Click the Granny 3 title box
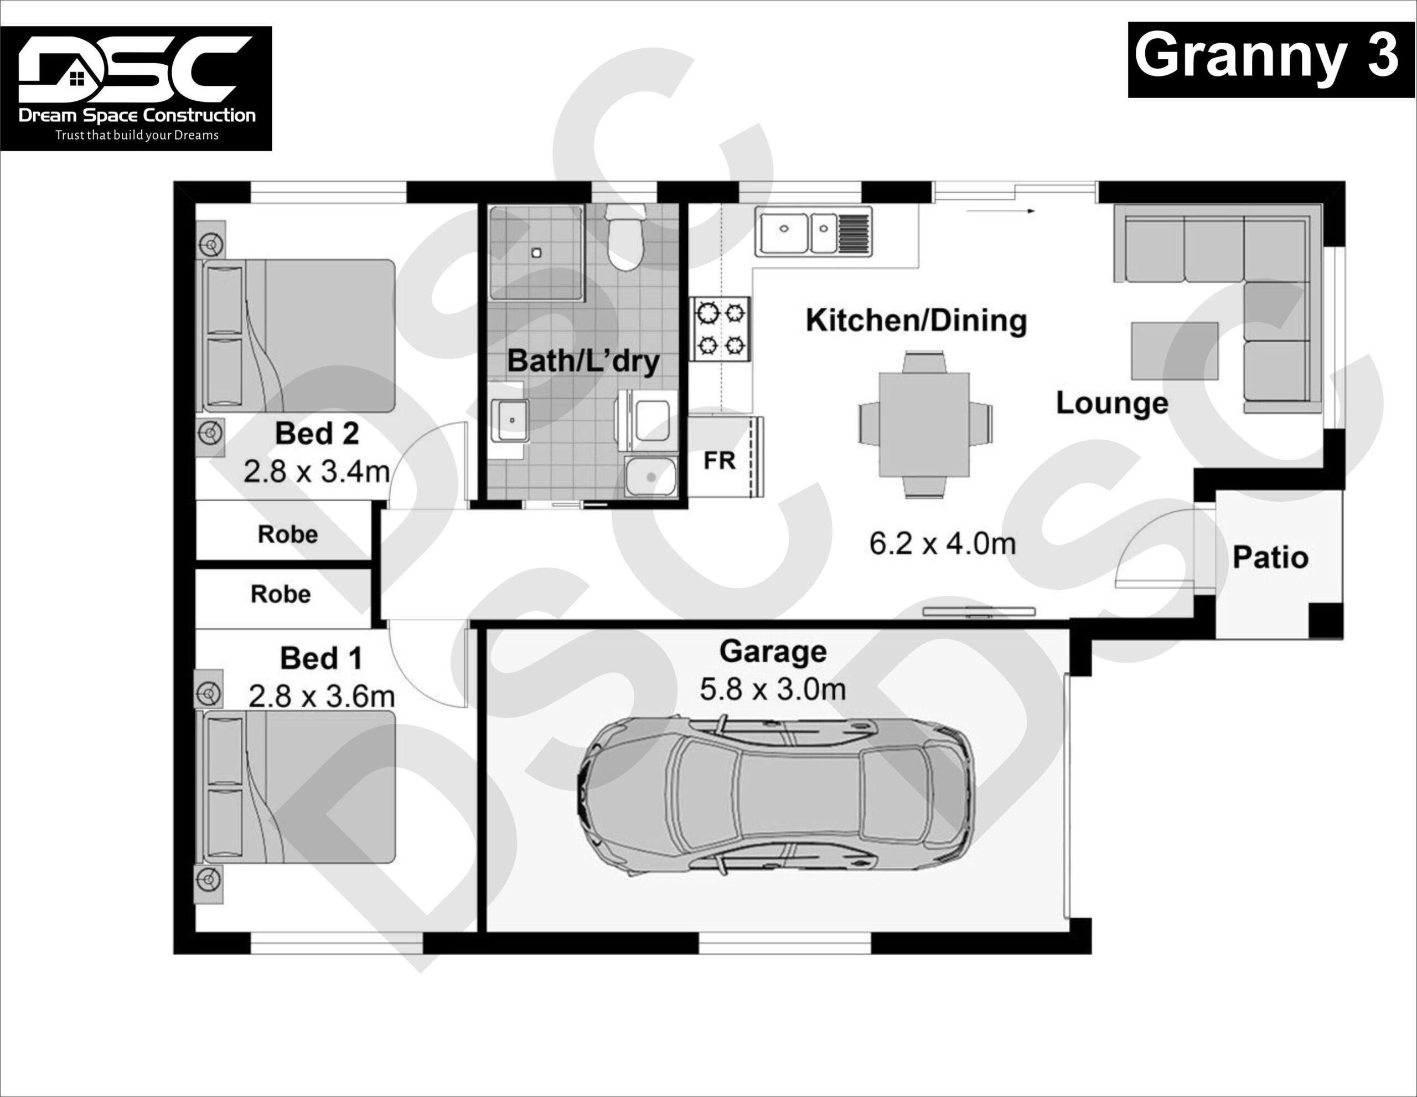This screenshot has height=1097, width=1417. [x=1270, y=59]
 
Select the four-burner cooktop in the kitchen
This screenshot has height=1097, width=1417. [x=720, y=328]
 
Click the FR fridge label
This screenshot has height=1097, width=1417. [x=719, y=461]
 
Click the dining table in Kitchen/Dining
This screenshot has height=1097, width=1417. [x=924, y=425]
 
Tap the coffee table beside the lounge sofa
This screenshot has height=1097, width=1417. [x=1175, y=351]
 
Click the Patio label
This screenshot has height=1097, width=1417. [x=1270, y=558]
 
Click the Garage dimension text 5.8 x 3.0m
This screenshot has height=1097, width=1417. [x=772, y=689]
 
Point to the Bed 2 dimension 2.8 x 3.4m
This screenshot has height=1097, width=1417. [x=316, y=472]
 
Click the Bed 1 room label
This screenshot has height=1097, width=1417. [x=320, y=658]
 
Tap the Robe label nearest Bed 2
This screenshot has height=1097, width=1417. [x=287, y=534]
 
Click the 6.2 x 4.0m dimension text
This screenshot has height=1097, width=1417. [x=942, y=544]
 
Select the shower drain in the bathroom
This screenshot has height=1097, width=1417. [x=536, y=253]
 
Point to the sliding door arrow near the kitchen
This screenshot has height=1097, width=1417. [x=1000, y=211]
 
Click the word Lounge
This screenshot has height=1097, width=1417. [x=1111, y=403]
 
